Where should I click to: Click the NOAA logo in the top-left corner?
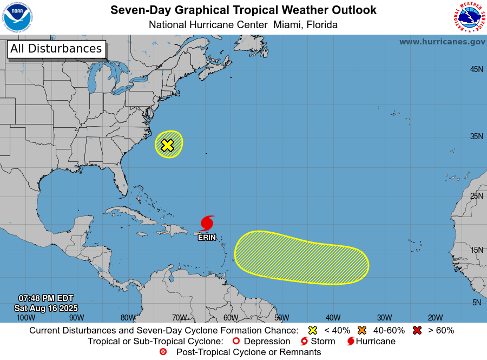pos(17,17)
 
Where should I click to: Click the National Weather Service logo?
pos(469,17)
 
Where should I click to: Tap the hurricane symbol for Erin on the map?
pos(207,223)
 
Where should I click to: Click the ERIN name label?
pos(207,237)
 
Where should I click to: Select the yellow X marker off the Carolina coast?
pos(168,145)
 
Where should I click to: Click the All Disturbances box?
pos(56,49)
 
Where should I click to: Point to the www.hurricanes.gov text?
pos(442,42)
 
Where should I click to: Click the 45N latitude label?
pos(476,69)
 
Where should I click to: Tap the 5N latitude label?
pos(476,303)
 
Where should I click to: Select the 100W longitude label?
pos(25,318)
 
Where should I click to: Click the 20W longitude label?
pos(435,318)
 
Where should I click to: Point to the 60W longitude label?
pos(231,318)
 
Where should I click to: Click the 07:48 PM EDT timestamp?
pos(46,298)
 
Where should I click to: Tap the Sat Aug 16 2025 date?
pos(46,308)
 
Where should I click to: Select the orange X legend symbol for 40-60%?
pos(362,330)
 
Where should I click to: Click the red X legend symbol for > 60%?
pos(417,330)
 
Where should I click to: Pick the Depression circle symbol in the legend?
pos(235,342)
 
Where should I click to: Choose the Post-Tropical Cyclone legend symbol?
pos(163,352)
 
